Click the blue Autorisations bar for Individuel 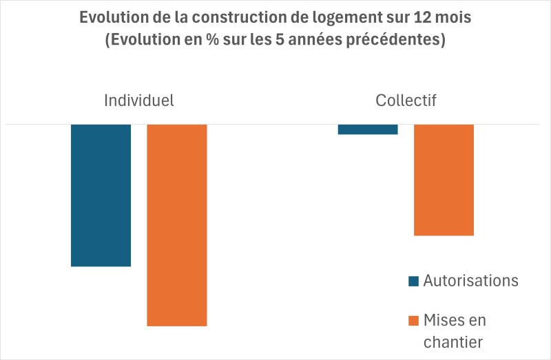101,195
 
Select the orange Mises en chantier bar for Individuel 177,224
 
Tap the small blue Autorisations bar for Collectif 368,129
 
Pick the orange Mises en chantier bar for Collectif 444,180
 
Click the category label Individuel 138,100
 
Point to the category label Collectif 406,100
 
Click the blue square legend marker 413,281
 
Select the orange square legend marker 413,320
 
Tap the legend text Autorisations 470,281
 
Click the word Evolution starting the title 115,18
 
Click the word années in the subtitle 324,40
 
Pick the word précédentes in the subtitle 402,40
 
